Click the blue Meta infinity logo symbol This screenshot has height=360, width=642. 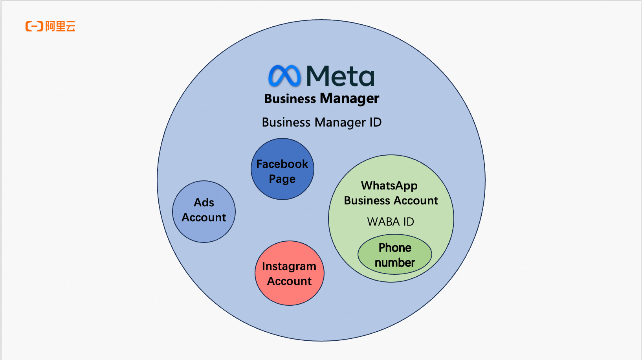[x=284, y=76]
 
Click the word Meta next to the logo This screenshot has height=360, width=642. [x=340, y=76]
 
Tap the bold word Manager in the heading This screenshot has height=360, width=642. [x=350, y=98]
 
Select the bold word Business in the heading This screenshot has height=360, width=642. [x=290, y=99]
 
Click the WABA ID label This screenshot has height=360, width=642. [x=391, y=222]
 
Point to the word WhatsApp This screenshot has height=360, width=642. [x=389, y=186]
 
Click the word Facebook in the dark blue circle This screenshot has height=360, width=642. [x=282, y=164]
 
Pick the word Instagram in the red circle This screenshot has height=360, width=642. [x=289, y=266]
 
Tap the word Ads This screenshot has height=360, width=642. [x=204, y=202]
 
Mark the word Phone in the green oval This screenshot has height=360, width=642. [x=395, y=248]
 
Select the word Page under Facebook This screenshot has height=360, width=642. [x=282, y=179]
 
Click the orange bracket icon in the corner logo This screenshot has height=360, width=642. [x=34, y=26]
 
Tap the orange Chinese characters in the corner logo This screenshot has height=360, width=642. [x=60, y=26]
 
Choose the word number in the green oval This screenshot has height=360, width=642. [x=395, y=263]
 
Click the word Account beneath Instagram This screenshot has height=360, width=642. [x=290, y=281]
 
